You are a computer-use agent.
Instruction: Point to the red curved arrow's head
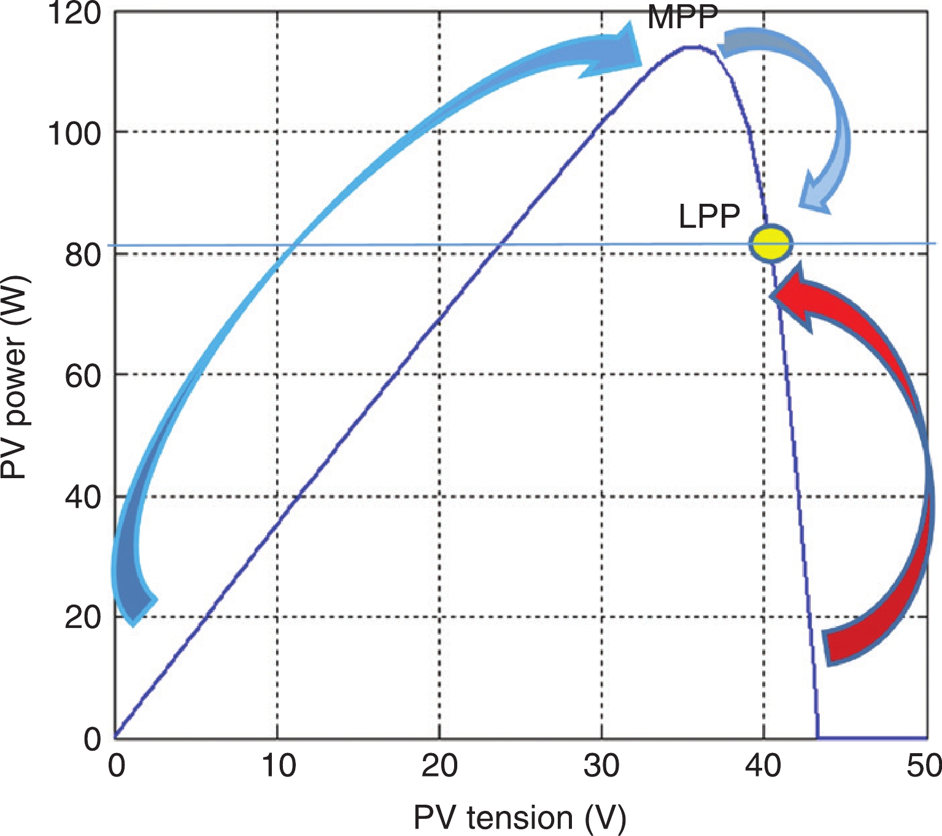pyautogui.click(x=792, y=295)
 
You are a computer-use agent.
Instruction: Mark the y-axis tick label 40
pyautogui.click(x=83, y=497)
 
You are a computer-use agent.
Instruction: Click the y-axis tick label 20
pyautogui.click(x=83, y=617)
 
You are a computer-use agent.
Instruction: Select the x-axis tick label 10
pyautogui.click(x=278, y=766)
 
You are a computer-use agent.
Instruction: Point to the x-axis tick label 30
pyautogui.click(x=602, y=766)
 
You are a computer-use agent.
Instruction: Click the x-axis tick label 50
pyautogui.click(x=924, y=766)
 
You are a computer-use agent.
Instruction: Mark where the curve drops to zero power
pyautogui.click(x=817, y=737)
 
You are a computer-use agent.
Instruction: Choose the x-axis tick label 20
pyautogui.click(x=439, y=766)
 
